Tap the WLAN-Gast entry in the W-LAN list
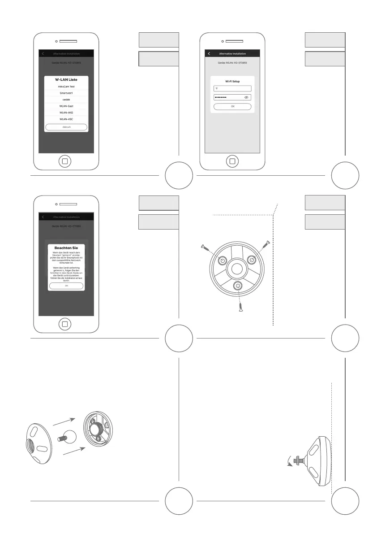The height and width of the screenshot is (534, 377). [66, 106]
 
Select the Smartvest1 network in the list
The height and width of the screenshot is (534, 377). [66, 93]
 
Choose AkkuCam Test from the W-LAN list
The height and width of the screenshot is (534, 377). [66, 86]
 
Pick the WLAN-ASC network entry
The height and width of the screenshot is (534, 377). [66, 119]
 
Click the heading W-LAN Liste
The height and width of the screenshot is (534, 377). [66, 79]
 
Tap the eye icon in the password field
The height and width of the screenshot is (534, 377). [246, 97]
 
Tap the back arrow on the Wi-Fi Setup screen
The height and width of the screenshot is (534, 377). [209, 54]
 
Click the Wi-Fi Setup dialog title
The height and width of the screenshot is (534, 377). [232, 82]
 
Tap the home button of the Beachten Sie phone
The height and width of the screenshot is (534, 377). [65, 324]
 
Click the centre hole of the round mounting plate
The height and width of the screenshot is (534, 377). [237, 270]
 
